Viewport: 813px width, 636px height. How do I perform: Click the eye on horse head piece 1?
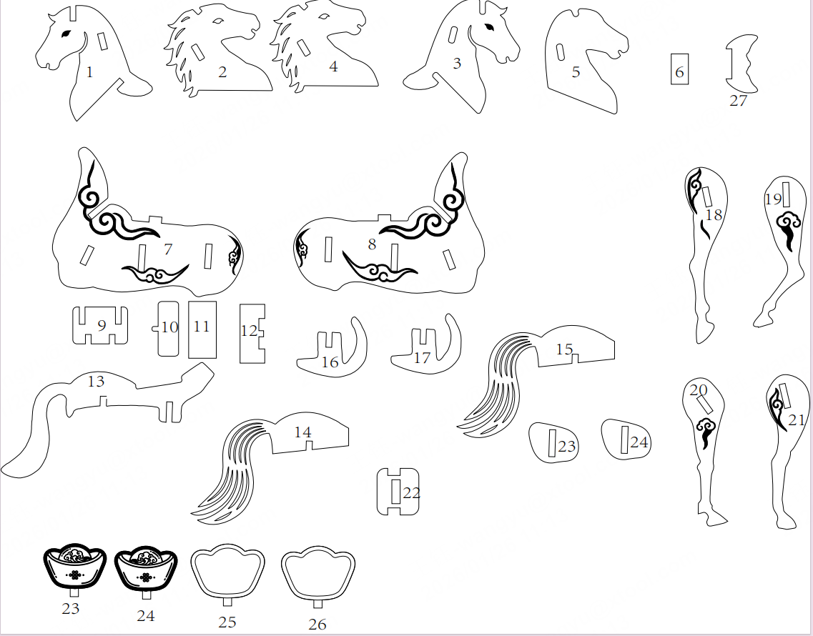(x=66, y=34)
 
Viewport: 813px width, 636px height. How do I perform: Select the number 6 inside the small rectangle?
(x=679, y=72)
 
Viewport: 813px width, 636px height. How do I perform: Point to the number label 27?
(x=738, y=101)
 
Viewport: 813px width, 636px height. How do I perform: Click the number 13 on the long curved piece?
(x=96, y=382)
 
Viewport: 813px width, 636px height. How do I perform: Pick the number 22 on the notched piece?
(x=412, y=493)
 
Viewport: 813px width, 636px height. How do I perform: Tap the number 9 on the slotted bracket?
(x=102, y=326)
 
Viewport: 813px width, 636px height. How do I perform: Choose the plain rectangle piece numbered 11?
(x=202, y=329)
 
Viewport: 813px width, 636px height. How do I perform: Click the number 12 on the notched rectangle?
(x=249, y=331)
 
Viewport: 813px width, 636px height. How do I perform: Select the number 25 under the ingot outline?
(x=227, y=622)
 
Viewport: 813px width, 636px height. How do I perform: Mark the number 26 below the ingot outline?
(x=317, y=624)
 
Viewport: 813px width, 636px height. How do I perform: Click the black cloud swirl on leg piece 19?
(x=788, y=231)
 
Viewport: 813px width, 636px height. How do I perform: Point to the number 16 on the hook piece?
(x=330, y=362)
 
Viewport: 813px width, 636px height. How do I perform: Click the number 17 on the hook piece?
(x=422, y=357)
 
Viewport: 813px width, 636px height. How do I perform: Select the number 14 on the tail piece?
(x=302, y=432)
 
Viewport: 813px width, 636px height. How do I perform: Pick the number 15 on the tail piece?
(x=564, y=349)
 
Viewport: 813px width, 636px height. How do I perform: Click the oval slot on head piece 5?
(x=561, y=52)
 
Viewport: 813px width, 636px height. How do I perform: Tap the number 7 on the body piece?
(x=167, y=249)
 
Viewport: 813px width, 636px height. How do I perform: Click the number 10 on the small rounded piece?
(x=169, y=327)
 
